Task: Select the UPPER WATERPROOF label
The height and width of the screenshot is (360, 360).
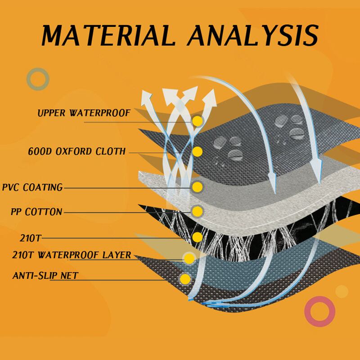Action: tap(84, 113)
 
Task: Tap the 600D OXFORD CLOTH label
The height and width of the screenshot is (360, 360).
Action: tap(77, 151)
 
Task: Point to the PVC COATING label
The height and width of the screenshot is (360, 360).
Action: tap(32, 187)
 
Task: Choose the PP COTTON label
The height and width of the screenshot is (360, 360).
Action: tap(37, 211)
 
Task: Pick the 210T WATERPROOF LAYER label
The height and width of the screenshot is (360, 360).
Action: tap(72, 256)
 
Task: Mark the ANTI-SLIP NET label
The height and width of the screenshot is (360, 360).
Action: tap(45, 275)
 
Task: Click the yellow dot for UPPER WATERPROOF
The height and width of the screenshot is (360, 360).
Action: tap(197, 121)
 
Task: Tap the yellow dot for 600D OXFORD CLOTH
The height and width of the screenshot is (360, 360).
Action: tap(197, 152)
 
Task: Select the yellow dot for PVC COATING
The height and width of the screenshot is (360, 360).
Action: tap(197, 187)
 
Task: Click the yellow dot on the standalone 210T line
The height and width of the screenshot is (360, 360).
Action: tap(197, 237)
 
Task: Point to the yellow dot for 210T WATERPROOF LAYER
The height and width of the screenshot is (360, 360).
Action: tap(189, 258)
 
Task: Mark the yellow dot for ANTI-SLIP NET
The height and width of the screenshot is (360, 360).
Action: tap(185, 279)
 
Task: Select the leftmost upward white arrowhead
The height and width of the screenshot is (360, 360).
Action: tap(146, 96)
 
